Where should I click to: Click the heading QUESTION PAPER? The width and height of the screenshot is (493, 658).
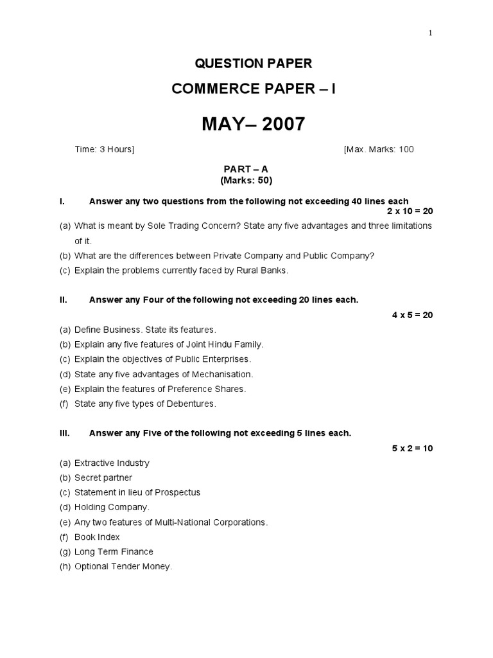pos(254,63)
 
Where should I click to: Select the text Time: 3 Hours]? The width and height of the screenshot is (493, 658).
pos(105,150)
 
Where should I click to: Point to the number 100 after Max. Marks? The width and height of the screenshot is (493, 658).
pos(406,150)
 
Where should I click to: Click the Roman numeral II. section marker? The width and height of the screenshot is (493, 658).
pos(64,300)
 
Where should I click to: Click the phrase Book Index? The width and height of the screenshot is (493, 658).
pos(97,537)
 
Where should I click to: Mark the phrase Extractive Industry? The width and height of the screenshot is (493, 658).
pos(112,463)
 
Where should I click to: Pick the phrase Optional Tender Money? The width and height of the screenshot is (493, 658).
pos(123,566)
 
